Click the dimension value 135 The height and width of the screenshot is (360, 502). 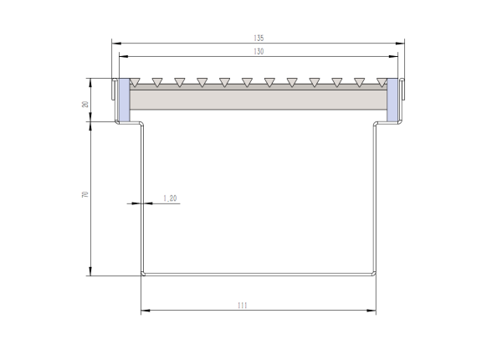259,39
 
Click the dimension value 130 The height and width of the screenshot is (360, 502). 259,51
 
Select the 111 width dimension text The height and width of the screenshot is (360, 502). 243,306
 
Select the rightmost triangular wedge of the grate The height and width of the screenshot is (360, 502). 382,82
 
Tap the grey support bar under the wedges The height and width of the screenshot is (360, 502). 258,100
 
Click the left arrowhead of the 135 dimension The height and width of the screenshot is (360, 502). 115,44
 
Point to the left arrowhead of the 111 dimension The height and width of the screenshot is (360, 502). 144,311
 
